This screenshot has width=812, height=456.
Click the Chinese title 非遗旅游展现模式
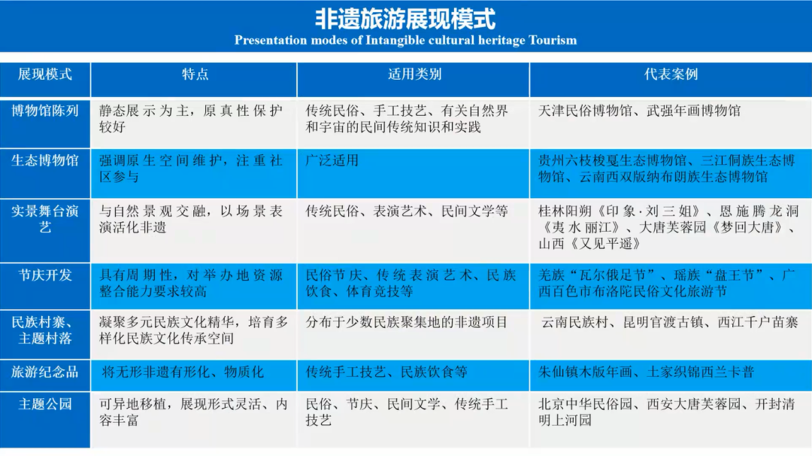(405, 19)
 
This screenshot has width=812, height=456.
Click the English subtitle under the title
(405, 40)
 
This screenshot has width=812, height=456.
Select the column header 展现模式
(45, 74)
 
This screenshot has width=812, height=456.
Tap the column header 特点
(195, 74)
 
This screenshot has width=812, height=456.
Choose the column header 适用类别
(414, 74)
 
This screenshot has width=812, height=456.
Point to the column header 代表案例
(671, 74)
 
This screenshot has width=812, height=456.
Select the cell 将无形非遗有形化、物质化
(183, 372)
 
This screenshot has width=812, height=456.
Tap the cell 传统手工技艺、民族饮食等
(386, 372)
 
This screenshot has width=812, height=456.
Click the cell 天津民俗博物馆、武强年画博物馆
(640, 111)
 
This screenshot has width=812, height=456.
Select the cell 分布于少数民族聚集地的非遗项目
(407, 323)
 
